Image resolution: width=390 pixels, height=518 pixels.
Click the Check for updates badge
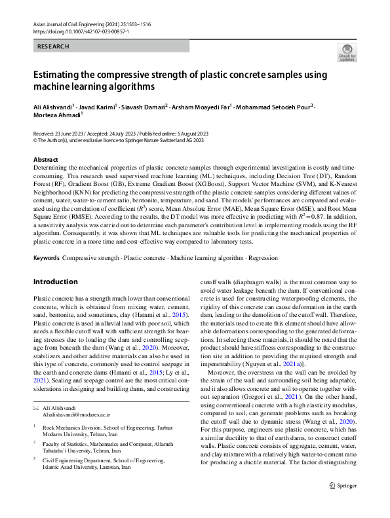pyautogui.click(x=347, y=53)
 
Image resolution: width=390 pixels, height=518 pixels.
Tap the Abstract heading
pyautogui.click(x=45, y=160)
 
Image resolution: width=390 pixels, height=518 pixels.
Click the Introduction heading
pyautogui.click(x=55, y=282)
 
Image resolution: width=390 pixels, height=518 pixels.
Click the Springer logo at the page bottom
pyautogui.click(x=341, y=504)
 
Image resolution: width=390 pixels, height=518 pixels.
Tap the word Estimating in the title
pyautogui.click(x=61, y=75)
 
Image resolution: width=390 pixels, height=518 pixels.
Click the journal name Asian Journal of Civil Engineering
pyautogui.click(x=73, y=23)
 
